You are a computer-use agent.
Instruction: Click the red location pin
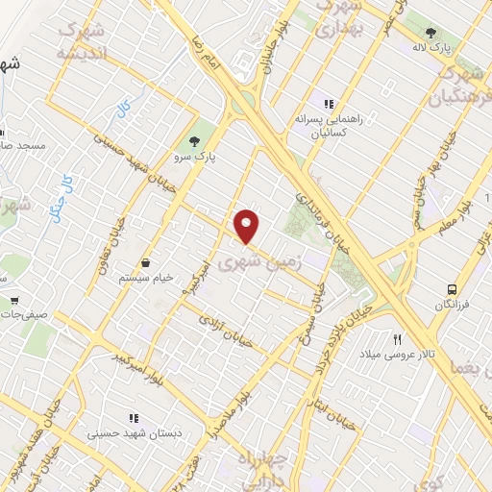[247, 225]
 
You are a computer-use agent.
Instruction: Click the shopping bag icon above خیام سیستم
[145, 262]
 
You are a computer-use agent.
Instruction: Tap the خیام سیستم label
[145, 278]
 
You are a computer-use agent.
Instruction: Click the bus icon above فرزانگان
[451, 288]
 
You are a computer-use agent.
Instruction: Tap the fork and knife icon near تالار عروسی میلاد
[397, 338]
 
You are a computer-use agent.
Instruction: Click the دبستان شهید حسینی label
[134, 433]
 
